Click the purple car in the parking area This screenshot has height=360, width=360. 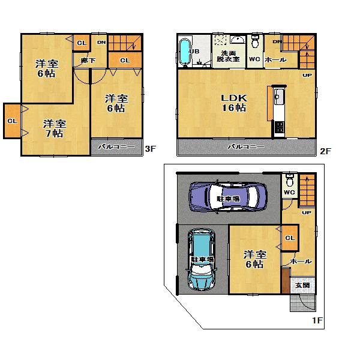(226, 196)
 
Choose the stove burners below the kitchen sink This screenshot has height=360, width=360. (279, 127)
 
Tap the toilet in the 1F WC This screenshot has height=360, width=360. (289, 181)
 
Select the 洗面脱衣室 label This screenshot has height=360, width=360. (227, 56)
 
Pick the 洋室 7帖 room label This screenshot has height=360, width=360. (54, 128)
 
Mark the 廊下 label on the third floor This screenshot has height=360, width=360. (81, 60)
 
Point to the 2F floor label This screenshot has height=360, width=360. (325, 151)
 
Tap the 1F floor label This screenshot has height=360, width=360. (317, 321)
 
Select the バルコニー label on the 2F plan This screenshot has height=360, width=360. (246, 146)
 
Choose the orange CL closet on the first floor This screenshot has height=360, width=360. (289, 238)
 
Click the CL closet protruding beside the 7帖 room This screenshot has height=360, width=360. (12, 121)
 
